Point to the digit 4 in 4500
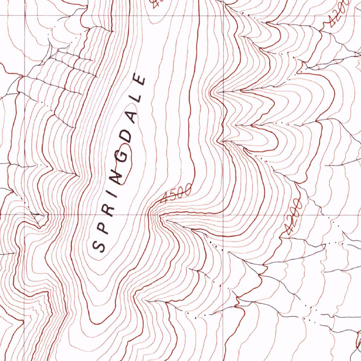coord(164,199)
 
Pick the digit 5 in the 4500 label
coord(172,195)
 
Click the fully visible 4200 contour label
coord(293,217)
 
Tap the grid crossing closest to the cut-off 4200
coord(224,16)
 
